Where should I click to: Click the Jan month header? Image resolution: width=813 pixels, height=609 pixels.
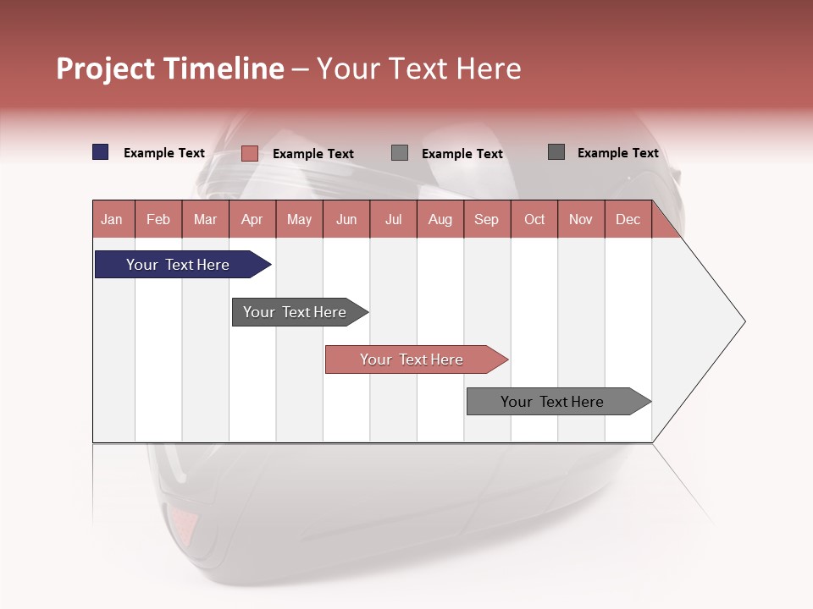pos(112,219)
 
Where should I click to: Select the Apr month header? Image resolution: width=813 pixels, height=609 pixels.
pos(252,219)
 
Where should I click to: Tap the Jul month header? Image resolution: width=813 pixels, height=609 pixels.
pos(393,219)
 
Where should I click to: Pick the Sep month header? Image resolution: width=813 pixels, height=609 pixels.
pos(486,219)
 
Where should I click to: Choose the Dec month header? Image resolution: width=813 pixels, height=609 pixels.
pos(628,219)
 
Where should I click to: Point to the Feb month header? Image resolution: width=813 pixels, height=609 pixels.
pos(158,219)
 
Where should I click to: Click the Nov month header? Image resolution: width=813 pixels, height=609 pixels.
pos(580,219)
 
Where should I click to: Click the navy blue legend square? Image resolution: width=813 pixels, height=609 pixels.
pos(100,152)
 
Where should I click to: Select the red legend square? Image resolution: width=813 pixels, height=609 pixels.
pos(249,153)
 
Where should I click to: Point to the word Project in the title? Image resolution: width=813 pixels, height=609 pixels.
pos(106,69)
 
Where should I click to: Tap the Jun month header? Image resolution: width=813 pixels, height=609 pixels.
pos(346,219)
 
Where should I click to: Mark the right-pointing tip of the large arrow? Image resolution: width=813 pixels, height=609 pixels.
pos(744,321)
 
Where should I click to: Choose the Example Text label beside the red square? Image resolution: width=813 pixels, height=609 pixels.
pos(312,154)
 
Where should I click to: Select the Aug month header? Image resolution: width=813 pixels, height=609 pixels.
pos(440,219)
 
